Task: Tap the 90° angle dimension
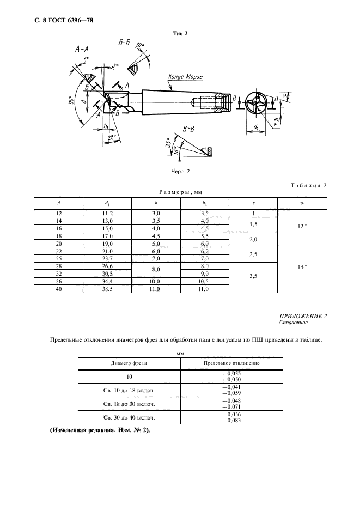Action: tap(71, 101)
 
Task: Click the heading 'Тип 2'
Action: tap(180, 33)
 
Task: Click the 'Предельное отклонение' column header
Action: tap(231, 362)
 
